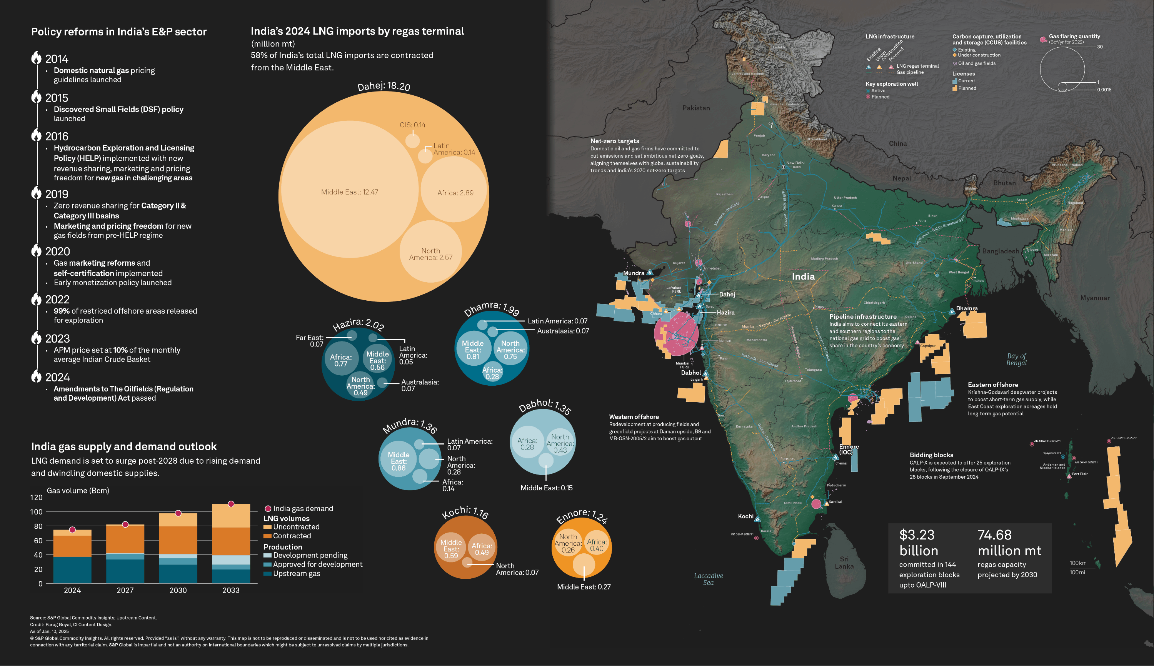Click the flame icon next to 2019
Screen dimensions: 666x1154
[36, 193]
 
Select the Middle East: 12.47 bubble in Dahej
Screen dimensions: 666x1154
[350, 191]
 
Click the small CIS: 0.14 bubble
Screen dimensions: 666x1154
[412, 140]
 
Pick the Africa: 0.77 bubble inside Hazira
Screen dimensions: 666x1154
[341, 360]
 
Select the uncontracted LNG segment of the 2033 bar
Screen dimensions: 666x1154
[231, 516]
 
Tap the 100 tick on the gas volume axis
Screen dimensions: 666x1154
[37, 512]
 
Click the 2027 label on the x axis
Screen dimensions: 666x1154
[125, 590]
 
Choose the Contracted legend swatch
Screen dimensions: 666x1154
[267, 536]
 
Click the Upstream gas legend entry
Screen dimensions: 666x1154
[296, 574]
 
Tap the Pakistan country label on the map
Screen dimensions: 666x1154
[696, 108]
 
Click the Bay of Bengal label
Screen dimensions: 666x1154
[1016, 359]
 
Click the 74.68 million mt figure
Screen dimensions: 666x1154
[1009, 543]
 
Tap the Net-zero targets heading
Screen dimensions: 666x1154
[615, 141]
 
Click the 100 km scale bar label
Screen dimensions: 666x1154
[1078, 563]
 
